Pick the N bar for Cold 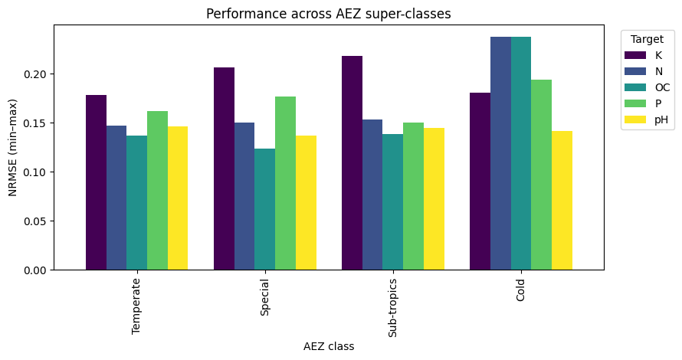pos(500,153)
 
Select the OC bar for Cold pos(521,153)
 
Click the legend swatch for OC pos(636,87)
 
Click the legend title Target pos(641,39)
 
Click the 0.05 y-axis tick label pos(36,221)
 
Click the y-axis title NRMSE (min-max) pos(13,147)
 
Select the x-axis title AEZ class pos(329,347)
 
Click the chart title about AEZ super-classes pos(329,13)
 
